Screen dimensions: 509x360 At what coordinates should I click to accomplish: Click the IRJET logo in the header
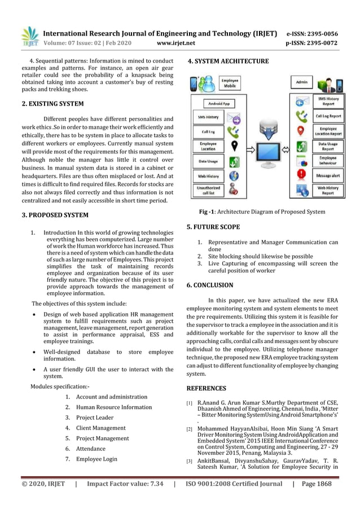(29, 37)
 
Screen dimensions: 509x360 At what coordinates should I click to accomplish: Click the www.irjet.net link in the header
(176, 42)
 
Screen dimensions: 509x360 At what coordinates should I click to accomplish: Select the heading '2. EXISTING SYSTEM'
(52, 104)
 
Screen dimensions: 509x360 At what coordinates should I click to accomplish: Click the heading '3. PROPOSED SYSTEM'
(55, 215)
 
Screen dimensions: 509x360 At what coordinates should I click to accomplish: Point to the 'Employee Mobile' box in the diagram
(229, 84)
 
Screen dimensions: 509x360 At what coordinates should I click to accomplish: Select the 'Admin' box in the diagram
(301, 82)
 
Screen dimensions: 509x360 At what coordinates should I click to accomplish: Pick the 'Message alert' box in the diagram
(328, 176)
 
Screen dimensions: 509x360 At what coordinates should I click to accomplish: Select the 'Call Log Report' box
(328, 116)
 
